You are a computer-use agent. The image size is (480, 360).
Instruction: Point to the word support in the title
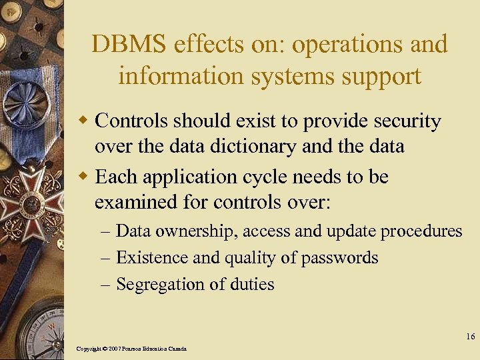coord(382,76)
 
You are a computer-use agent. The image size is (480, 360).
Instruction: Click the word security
coord(405,121)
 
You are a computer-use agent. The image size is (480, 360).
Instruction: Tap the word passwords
coord(341,258)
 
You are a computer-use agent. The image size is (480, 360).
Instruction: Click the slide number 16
coord(470,337)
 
